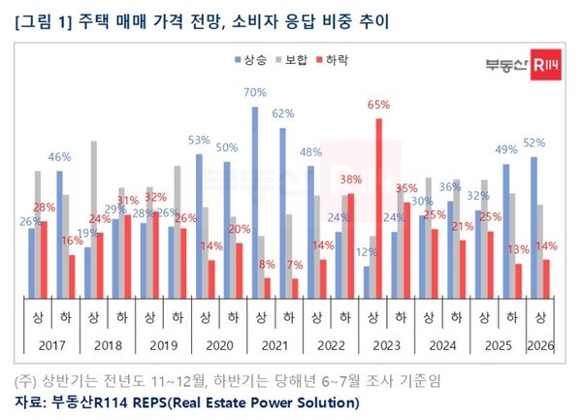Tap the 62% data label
283,113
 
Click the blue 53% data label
199,139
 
